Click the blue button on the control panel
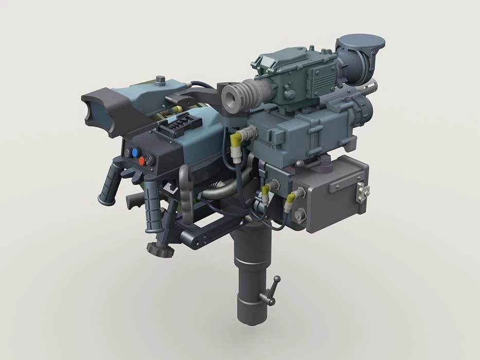click(x=136, y=153)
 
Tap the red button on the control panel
click(x=141, y=161)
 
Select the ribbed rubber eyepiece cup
click(x=242, y=96)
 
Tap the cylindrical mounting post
click(x=253, y=278)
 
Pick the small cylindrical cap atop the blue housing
click(x=162, y=80)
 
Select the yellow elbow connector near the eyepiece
click(x=237, y=137)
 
